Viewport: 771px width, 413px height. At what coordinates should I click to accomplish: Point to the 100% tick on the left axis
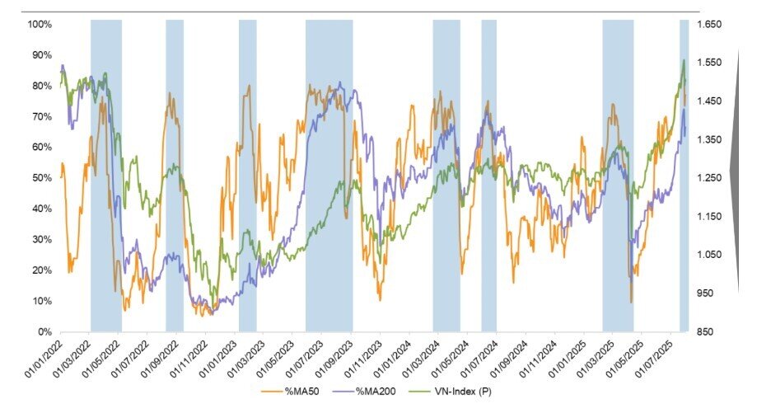[40, 25]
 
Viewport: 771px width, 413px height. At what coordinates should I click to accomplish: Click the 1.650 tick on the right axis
[710, 25]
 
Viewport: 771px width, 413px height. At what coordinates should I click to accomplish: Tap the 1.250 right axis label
[710, 178]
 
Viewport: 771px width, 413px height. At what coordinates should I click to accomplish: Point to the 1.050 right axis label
[710, 256]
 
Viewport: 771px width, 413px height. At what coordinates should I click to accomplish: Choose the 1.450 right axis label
[710, 101]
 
